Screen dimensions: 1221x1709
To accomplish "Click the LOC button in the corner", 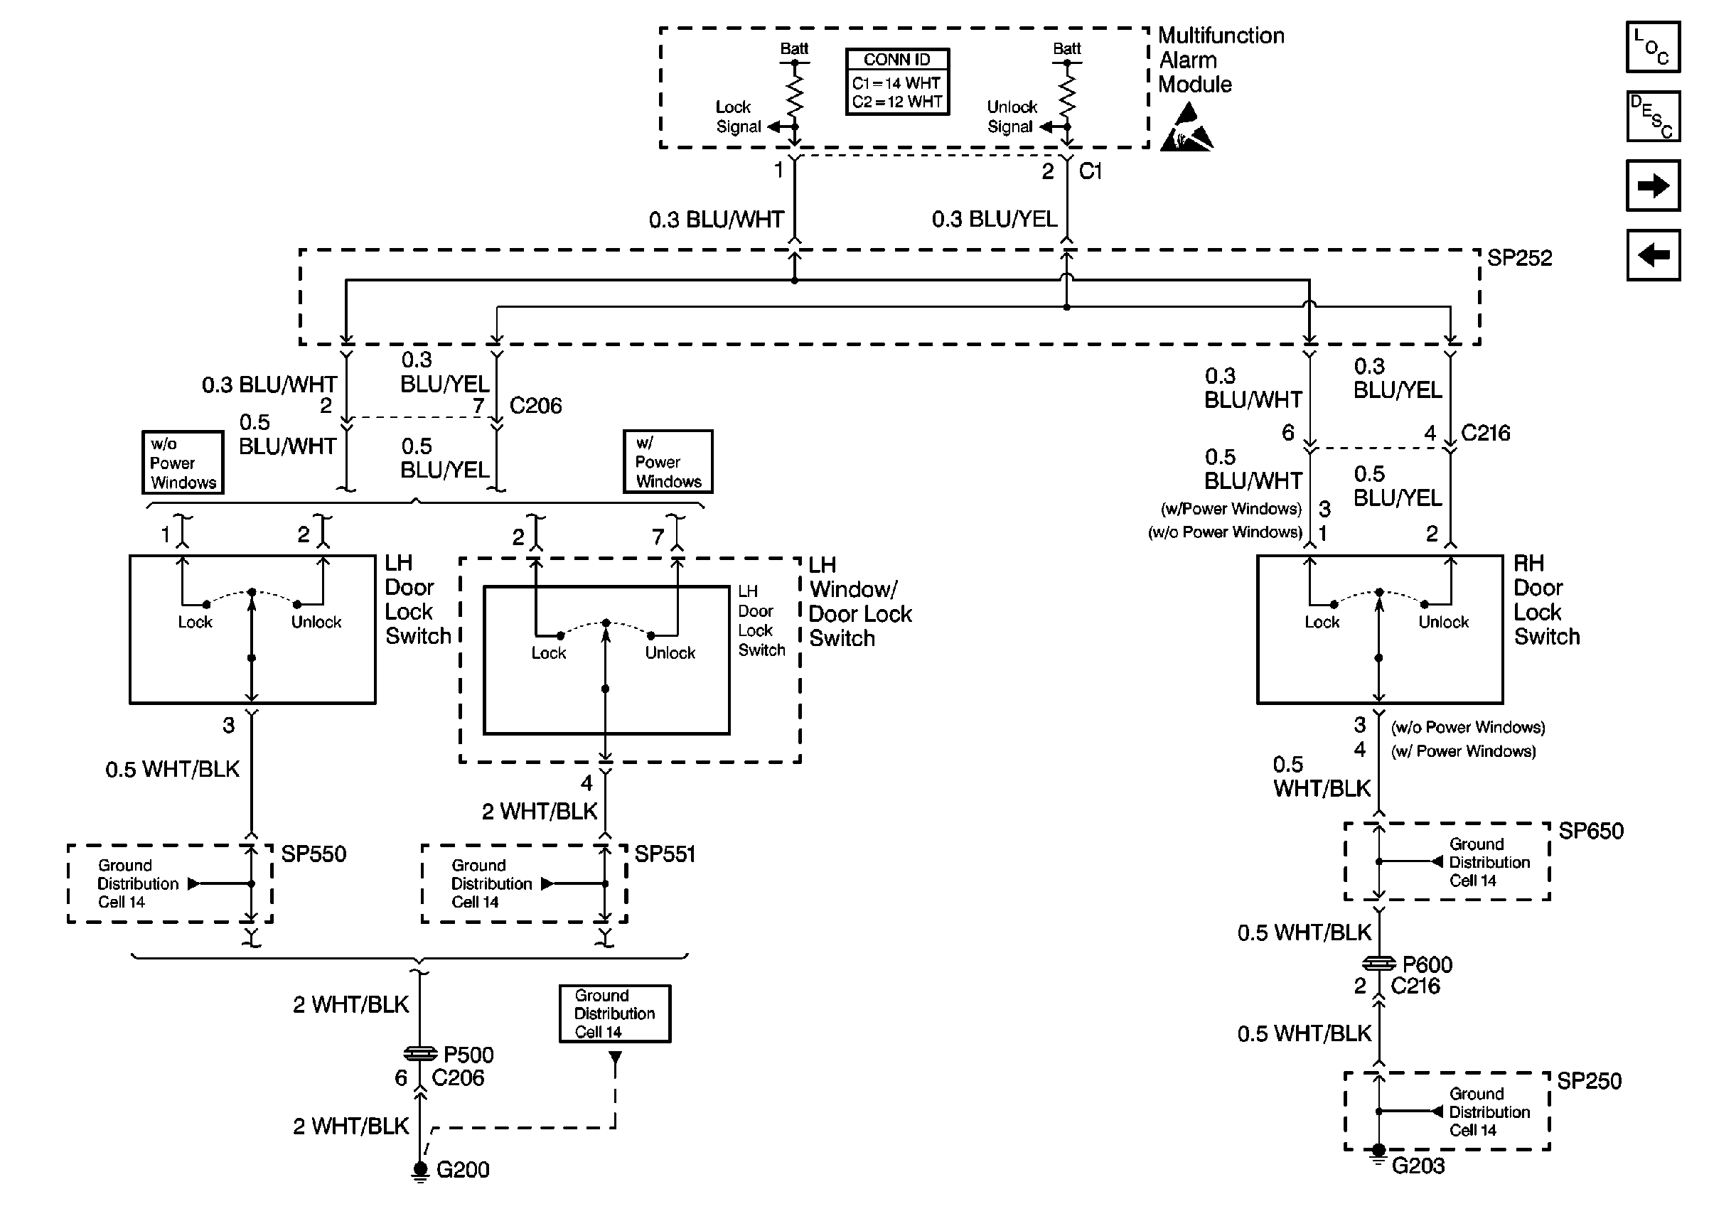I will [1653, 47].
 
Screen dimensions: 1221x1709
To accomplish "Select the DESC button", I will [1653, 117].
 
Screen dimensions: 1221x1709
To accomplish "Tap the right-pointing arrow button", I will [1653, 185].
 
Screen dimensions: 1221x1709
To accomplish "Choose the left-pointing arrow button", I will [1653, 255].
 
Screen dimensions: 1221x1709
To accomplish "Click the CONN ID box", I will [897, 81].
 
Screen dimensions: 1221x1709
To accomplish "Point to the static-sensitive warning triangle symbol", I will [1186, 129].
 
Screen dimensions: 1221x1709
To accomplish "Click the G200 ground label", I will [462, 1170].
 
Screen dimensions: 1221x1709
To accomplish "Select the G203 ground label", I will [1418, 1166].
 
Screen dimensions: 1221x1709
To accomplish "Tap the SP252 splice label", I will [1518, 258].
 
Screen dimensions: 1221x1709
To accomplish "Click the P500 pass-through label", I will [468, 1055].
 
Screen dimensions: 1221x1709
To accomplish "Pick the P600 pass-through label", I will [1427, 964].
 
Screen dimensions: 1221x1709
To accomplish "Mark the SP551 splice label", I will [665, 854].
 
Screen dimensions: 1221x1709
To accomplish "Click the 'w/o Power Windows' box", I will [183, 463].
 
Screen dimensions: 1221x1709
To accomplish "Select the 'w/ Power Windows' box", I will [668, 462].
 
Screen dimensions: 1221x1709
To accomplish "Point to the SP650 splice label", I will [1590, 831].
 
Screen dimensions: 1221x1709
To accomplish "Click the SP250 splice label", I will [1589, 1081].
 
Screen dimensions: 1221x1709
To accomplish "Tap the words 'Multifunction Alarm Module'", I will [1221, 60].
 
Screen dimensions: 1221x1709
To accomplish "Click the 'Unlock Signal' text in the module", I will [1012, 117].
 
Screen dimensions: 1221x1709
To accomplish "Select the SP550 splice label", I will [314, 854].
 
